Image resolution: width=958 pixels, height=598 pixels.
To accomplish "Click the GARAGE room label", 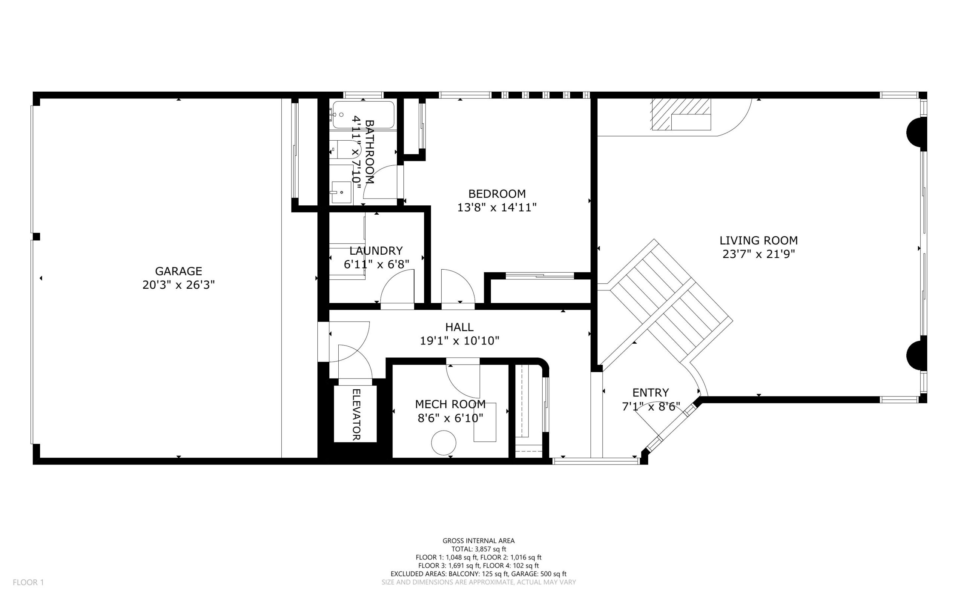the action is (x=178, y=271).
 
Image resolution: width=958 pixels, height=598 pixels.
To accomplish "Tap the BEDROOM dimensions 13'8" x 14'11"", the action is (x=497, y=207).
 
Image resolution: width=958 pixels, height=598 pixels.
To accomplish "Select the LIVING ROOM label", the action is (x=758, y=240).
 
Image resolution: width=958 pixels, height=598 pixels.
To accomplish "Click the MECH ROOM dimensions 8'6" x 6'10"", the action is (x=450, y=418).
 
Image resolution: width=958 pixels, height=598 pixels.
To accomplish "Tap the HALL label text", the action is (x=459, y=327).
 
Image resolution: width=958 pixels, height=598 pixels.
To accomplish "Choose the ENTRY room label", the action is (x=650, y=393).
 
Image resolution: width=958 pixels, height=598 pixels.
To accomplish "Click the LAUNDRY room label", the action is (x=376, y=251).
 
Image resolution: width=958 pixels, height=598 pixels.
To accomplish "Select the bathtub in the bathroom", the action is (x=363, y=115).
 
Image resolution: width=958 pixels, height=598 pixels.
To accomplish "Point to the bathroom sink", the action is (x=341, y=193).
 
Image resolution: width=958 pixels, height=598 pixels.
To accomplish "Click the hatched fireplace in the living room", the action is (x=681, y=114).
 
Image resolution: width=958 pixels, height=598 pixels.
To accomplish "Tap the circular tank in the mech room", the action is (x=443, y=442).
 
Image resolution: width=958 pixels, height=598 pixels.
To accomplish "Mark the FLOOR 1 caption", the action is (x=28, y=582).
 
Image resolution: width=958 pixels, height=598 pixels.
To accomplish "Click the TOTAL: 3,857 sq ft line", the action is (x=478, y=549).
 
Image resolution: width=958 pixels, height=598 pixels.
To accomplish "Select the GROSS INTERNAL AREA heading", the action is (x=478, y=541).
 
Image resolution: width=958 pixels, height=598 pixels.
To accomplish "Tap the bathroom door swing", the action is (x=380, y=182).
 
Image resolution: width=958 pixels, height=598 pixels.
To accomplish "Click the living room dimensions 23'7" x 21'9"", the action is (x=758, y=254).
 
